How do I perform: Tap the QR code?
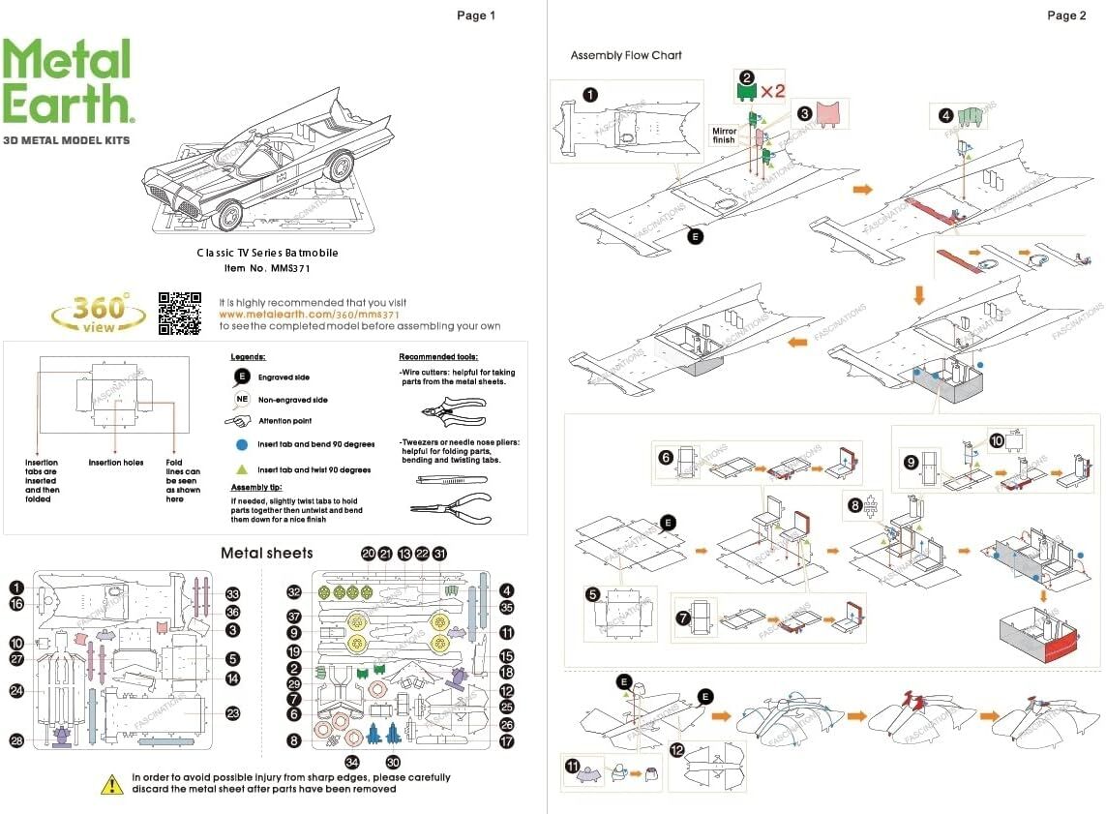[180, 313]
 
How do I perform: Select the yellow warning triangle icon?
[112, 784]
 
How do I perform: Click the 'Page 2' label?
[1066, 15]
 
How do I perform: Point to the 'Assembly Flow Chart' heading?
[626, 55]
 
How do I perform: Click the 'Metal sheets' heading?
[267, 553]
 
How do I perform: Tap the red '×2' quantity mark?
[771, 91]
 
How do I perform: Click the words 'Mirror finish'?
[724, 136]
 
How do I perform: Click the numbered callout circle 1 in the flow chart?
[590, 95]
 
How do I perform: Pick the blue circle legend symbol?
[242, 444]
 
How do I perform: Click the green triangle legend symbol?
[242, 469]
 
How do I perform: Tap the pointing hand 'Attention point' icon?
[239, 421]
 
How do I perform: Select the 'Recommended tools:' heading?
[438, 357]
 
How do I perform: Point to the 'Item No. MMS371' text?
[267, 268]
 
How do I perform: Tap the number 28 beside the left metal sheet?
[16, 740]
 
